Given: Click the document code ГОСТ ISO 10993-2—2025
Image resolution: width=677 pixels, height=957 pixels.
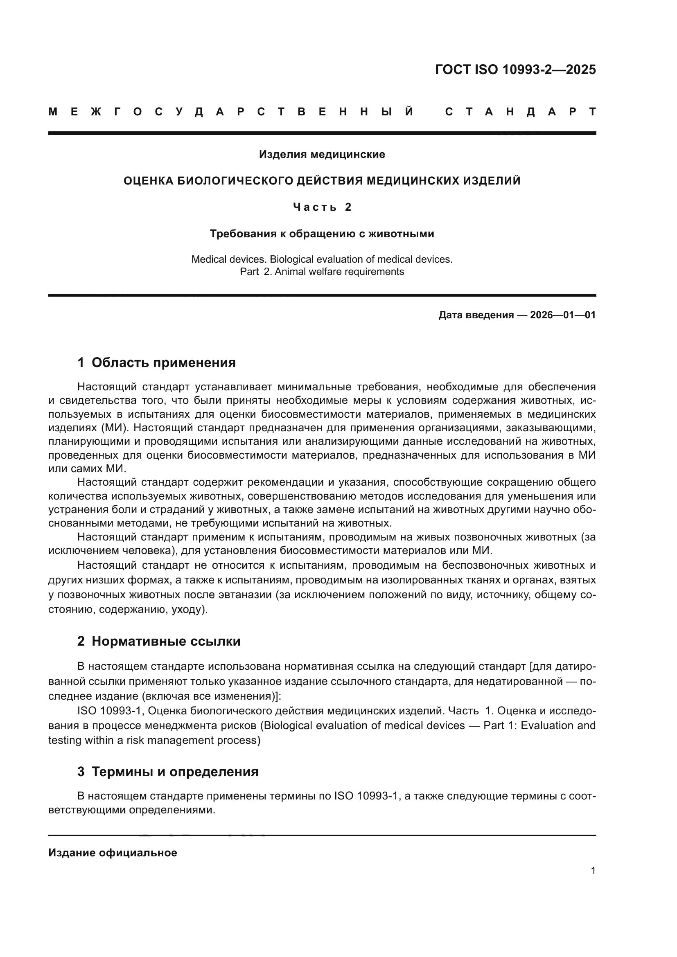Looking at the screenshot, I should pyautogui.click(x=515, y=69).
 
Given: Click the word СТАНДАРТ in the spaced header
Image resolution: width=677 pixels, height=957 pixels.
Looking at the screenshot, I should pyautogui.click(x=521, y=112).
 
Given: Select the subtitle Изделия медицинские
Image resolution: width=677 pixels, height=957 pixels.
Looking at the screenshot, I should pyautogui.click(x=322, y=155).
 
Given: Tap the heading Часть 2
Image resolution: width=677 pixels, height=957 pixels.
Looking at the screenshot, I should pyautogui.click(x=322, y=207).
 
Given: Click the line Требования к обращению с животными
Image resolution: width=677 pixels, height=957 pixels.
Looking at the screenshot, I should pyautogui.click(x=322, y=234).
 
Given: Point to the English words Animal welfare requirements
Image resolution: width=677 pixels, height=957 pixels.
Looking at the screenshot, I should pyautogui.click(x=339, y=272).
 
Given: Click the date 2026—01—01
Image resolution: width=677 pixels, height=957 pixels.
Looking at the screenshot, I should pyautogui.click(x=563, y=315).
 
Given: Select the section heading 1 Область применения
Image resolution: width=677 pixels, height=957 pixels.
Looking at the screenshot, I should pyautogui.click(x=156, y=363).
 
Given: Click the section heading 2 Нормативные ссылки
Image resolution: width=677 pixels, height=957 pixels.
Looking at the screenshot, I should pyautogui.click(x=159, y=642).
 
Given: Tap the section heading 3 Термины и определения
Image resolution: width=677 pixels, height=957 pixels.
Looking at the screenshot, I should pyautogui.click(x=167, y=772).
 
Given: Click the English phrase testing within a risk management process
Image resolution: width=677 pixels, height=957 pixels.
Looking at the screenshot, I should pyautogui.click(x=154, y=740).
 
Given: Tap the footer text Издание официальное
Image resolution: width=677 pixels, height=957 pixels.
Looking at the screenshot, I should pyautogui.click(x=113, y=853).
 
